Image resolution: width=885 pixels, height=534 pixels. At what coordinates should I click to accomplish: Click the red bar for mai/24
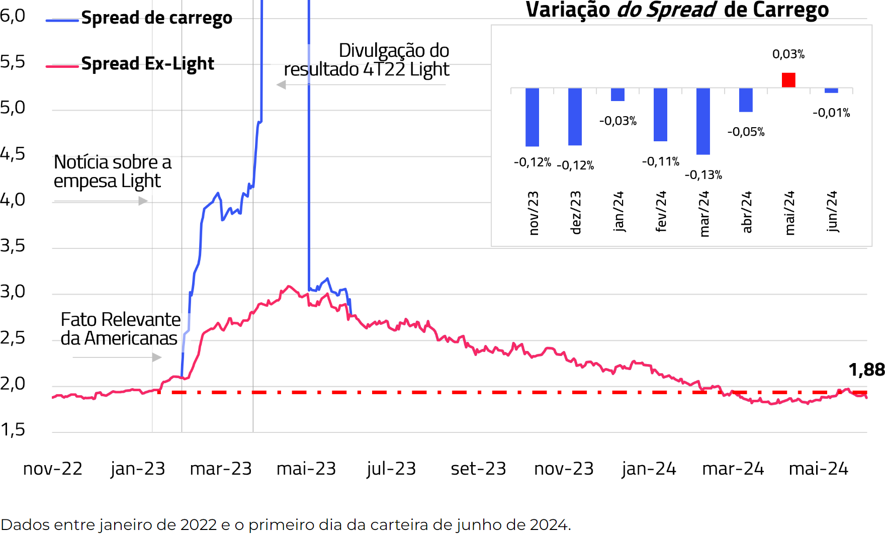[788, 80]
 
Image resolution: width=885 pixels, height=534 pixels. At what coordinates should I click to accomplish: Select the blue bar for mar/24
[703, 121]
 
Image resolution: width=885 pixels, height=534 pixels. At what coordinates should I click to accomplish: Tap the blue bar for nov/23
[532, 117]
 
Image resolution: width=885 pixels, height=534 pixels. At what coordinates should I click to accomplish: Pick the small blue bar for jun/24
[831, 91]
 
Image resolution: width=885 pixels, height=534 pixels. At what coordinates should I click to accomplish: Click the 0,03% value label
[788, 54]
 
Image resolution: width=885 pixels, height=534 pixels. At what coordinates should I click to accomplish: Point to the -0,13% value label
[703, 175]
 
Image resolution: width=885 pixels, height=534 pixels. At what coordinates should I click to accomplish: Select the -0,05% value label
[746, 132]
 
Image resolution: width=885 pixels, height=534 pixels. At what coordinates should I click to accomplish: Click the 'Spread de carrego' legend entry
[156, 18]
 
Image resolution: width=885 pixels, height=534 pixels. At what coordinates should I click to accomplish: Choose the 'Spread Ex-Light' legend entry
[147, 64]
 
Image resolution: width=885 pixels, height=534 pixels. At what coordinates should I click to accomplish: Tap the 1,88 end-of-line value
[866, 370]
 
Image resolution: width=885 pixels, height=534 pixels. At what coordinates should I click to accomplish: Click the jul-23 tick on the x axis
[391, 469]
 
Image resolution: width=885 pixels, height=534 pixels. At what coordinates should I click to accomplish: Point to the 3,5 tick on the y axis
[13, 246]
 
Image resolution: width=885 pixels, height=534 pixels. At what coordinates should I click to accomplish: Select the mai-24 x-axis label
[818, 469]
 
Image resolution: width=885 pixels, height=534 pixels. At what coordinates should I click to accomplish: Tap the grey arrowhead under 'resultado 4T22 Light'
[282, 85]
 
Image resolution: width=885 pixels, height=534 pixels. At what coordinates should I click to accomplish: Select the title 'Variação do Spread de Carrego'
[677, 10]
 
